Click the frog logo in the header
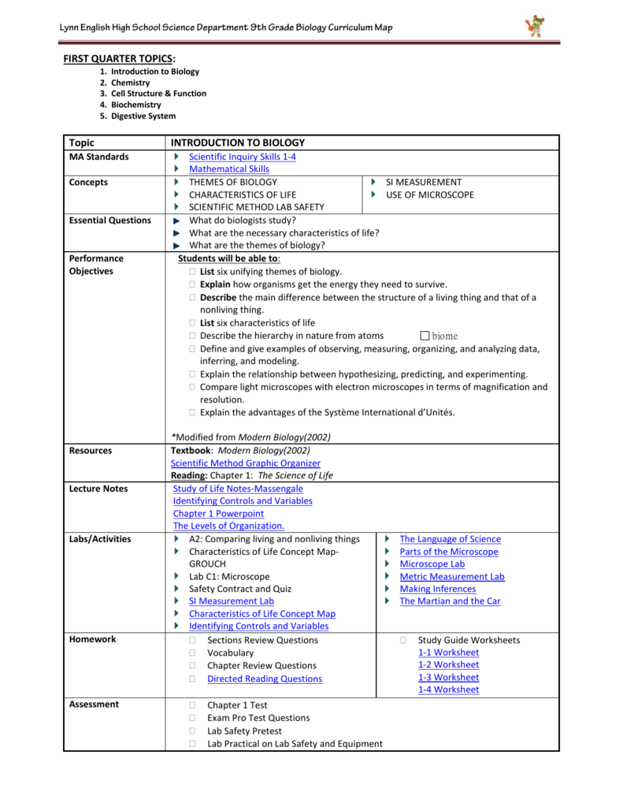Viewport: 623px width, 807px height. (x=535, y=27)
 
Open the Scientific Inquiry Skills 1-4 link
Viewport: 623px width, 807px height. (x=243, y=157)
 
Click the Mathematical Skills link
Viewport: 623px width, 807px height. (x=228, y=169)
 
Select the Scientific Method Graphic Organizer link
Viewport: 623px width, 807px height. (x=246, y=463)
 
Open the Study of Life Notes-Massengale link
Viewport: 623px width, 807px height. (x=238, y=489)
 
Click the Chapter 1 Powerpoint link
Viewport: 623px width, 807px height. (x=218, y=514)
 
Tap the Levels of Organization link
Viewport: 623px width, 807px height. (x=228, y=526)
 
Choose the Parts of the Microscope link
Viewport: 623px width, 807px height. (x=448, y=552)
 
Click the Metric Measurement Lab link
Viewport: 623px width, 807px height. (x=452, y=577)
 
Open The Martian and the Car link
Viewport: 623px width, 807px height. (x=450, y=601)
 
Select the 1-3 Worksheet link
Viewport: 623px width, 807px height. (x=448, y=678)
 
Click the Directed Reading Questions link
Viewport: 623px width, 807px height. (x=265, y=679)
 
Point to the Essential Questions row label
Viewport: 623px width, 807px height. (x=109, y=221)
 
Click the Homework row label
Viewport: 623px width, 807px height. (x=92, y=640)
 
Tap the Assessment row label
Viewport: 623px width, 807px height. (x=94, y=705)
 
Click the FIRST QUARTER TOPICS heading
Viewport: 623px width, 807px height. (x=119, y=58)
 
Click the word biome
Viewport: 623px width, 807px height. (x=444, y=337)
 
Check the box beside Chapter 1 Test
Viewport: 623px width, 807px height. (x=191, y=705)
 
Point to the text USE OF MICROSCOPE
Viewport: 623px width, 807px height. (x=429, y=195)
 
